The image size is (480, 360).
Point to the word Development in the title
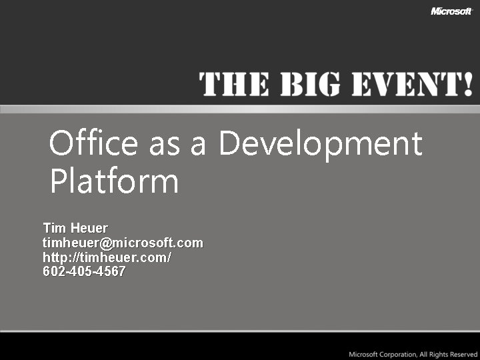[321, 145]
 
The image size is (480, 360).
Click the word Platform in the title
[114, 181]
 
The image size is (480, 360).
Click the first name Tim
[54, 228]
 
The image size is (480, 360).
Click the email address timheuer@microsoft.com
[123, 243]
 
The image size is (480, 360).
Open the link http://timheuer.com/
[107, 257]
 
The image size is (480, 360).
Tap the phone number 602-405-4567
[84, 272]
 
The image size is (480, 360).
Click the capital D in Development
[230, 143]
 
